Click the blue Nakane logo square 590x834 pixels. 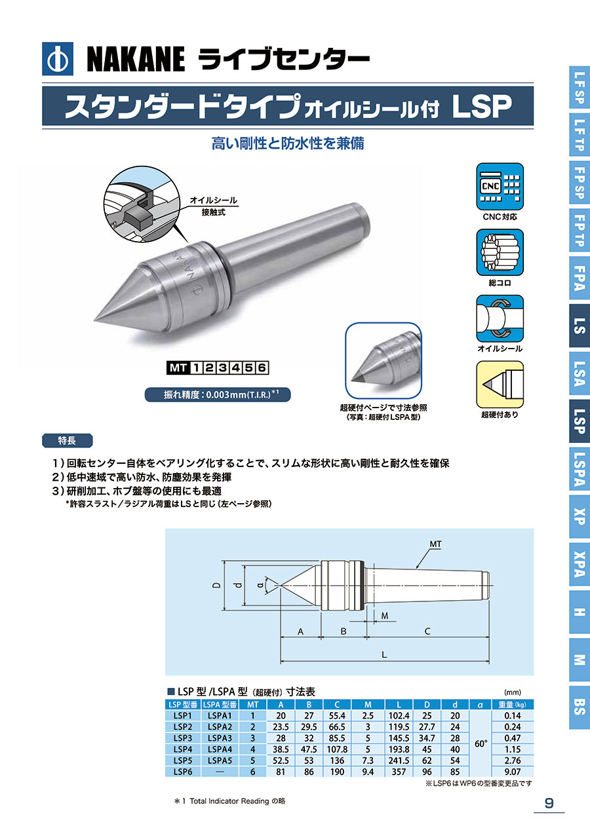click(x=58, y=59)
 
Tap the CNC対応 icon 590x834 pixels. click(x=500, y=187)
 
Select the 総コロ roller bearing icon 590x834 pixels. click(x=500, y=252)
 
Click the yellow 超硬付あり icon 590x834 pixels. click(x=500, y=385)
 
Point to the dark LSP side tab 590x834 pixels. click(x=580, y=421)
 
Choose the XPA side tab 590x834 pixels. click(x=580, y=564)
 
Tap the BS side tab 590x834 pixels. click(x=580, y=707)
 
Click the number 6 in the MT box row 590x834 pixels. click(x=262, y=368)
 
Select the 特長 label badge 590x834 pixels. click(x=67, y=440)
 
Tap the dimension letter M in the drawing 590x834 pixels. click(x=385, y=616)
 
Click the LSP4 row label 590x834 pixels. click(x=182, y=749)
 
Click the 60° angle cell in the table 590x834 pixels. click(x=481, y=744)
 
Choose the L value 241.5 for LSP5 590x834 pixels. click(x=399, y=760)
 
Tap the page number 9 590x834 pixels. click(x=549, y=803)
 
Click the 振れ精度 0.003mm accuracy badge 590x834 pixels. click(x=218, y=394)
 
